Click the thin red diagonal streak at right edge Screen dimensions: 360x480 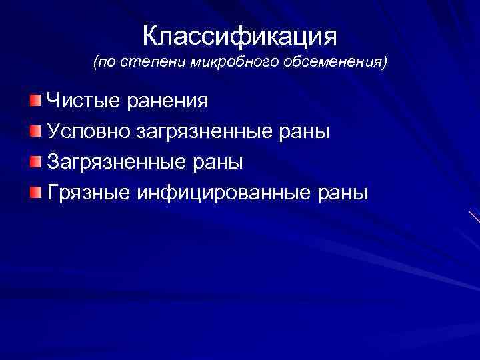point(474,217)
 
